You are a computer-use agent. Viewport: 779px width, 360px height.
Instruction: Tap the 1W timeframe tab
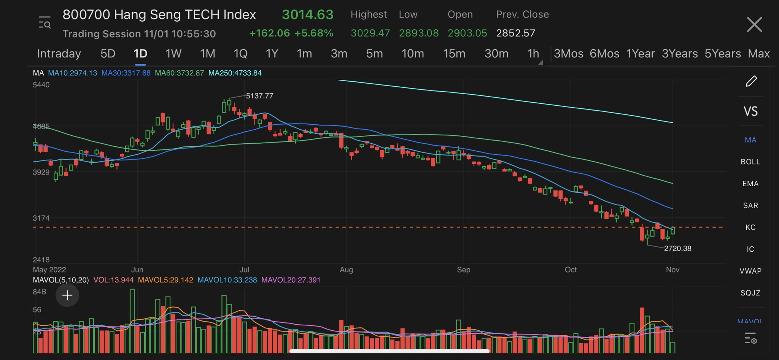[x=173, y=54]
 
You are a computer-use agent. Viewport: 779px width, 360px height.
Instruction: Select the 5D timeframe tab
[x=108, y=54]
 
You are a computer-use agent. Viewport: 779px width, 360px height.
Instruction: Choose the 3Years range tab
[x=680, y=54]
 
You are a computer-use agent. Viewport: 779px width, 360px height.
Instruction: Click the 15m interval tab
[x=454, y=54]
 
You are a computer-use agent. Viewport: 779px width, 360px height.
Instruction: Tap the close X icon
[x=754, y=25]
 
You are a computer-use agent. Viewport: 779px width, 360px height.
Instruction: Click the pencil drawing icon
[x=751, y=81]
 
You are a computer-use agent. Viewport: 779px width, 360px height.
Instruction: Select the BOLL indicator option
[x=750, y=162]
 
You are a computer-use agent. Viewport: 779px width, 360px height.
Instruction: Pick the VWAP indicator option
[x=750, y=271]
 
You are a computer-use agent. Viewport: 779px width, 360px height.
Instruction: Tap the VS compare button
[x=750, y=111]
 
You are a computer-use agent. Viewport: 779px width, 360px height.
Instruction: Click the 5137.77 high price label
[x=259, y=96]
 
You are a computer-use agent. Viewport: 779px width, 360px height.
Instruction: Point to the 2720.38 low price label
[x=677, y=249]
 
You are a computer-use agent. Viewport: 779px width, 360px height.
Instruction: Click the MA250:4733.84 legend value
[x=235, y=73]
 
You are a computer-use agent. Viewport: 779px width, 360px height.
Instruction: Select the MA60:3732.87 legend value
[x=179, y=73]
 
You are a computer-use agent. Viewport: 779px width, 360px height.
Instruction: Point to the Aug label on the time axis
[x=346, y=270]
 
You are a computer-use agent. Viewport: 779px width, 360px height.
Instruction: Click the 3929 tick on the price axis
[x=41, y=172]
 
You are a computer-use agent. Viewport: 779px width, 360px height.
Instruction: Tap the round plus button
[x=67, y=295]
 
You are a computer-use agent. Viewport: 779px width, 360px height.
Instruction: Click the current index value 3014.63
[x=307, y=15]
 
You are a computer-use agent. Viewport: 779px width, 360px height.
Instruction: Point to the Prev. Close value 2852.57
[x=515, y=33]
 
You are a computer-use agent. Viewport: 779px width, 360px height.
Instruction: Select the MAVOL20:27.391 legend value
[x=291, y=280]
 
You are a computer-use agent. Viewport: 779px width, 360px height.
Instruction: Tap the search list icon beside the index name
[x=45, y=23]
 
